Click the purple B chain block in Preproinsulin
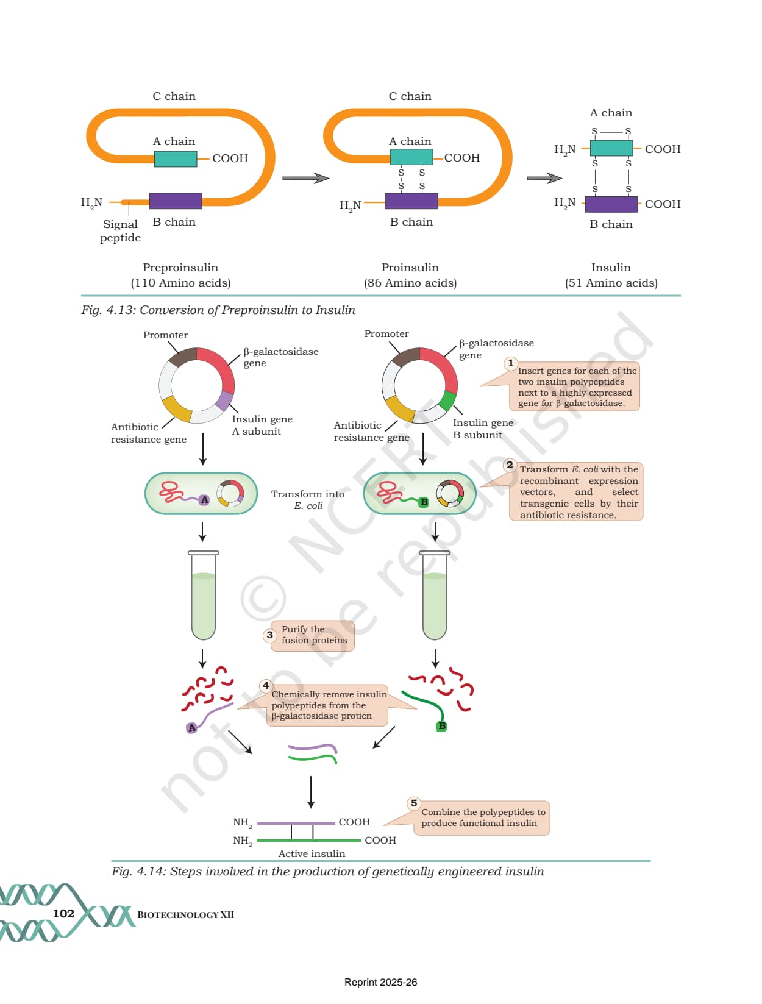click(x=176, y=201)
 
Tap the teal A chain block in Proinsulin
click(x=411, y=157)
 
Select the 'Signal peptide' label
click(x=120, y=230)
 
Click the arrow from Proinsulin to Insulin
click(x=544, y=178)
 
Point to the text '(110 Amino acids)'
click(x=180, y=283)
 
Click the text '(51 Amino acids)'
click(x=611, y=283)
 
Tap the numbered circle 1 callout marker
click(x=511, y=363)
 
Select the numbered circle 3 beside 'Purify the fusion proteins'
click(x=270, y=635)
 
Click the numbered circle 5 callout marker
click(x=414, y=803)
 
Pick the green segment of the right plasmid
click(x=447, y=401)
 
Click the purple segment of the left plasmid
click(x=224, y=400)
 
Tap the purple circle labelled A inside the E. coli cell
click(x=204, y=499)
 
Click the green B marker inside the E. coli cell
click(x=424, y=502)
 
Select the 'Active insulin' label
click(x=312, y=853)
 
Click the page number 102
click(x=63, y=913)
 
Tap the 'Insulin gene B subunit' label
click(x=483, y=429)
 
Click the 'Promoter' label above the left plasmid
click(x=166, y=335)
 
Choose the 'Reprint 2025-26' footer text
click(x=380, y=982)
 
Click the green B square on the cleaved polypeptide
click(x=442, y=726)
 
